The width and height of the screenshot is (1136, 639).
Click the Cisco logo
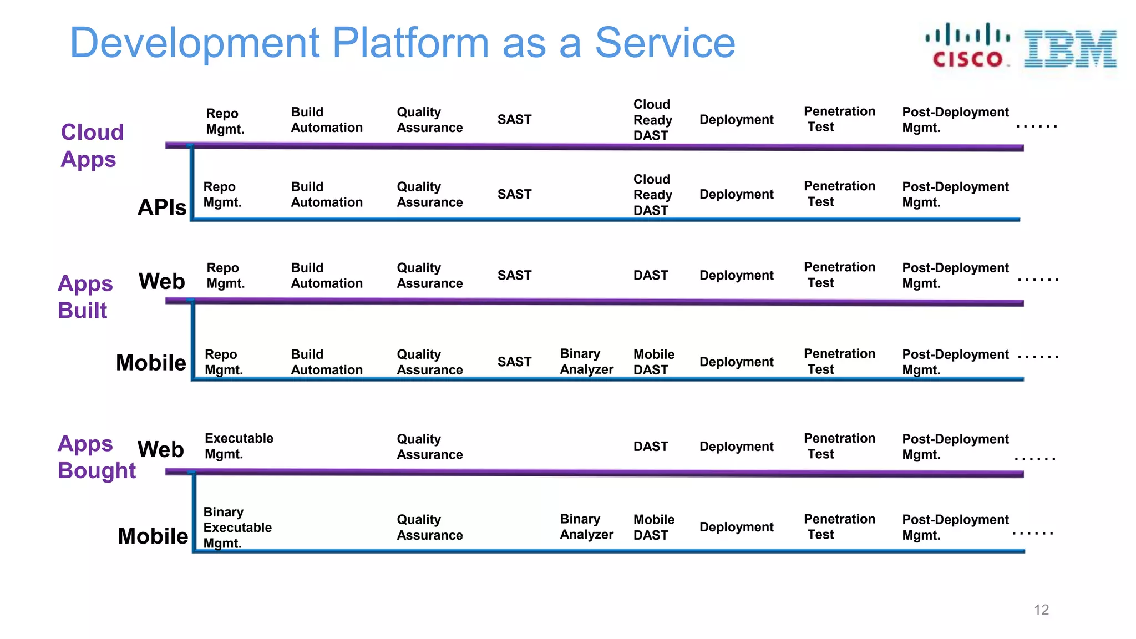tap(967, 45)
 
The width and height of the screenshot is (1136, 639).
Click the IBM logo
tap(1070, 49)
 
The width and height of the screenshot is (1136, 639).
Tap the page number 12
tap(1041, 610)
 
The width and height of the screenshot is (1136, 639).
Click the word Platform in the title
tap(410, 43)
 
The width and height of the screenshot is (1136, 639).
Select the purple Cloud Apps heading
tap(92, 145)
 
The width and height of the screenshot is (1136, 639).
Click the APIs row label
tap(162, 207)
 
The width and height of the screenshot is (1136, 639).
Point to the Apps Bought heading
tap(97, 457)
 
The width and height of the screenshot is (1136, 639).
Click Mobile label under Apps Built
tap(151, 363)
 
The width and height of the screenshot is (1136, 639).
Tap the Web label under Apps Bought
tap(161, 449)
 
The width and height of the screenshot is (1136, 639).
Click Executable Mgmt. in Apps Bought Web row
tap(239, 446)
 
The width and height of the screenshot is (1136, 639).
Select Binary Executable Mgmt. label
tap(237, 527)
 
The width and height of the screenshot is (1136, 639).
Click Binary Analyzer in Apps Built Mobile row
tap(586, 362)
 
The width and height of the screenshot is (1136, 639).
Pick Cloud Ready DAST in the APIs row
tap(652, 195)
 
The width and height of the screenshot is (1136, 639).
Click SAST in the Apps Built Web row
tap(514, 275)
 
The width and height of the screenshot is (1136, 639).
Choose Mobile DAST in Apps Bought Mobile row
tap(653, 527)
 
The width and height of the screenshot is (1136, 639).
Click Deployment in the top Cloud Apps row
tap(736, 120)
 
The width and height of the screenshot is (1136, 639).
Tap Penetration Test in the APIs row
tap(839, 194)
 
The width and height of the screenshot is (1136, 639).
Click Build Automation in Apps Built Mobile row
tap(327, 362)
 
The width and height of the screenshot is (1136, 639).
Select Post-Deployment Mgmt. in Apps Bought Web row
tap(955, 447)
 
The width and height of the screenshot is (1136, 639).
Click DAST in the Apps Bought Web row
tap(651, 447)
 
